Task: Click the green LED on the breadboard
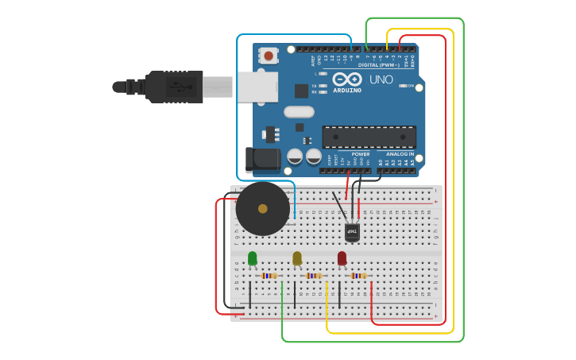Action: (x=253, y=258)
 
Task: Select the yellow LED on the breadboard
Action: (x=297, y=258)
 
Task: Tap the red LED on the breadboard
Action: (x=342, y=258)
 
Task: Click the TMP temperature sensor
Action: (x=352, y=232)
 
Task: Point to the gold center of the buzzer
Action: (x=263, y=209)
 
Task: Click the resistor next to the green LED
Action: (x=271, y=276)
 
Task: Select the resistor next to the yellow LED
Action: (x=315, y=276)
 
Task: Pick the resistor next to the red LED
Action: (x=360, y=276)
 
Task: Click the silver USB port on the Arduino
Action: (x=257, y=87)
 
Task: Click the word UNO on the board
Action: (x=381, y=79)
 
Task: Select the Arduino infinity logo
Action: (x=348, y=79)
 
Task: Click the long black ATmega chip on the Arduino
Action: (x=369, y=137)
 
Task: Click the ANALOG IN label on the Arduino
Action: (x=400, y=154)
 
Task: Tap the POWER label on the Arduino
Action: (x=361, y=154)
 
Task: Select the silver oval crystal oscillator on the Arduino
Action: (x=299, y=112)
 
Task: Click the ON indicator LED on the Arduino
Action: (x=404, y=86)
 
